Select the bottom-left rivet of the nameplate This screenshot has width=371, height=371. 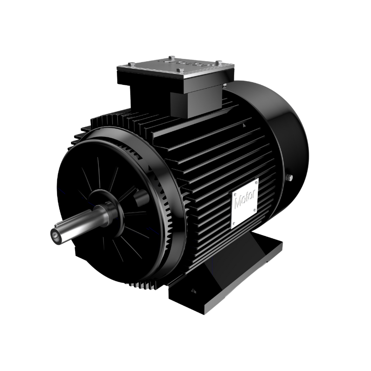(x=234, y=223)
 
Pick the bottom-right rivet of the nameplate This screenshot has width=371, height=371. (x=255, y=210)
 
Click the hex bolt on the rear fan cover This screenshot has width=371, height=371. (x=289, y=178)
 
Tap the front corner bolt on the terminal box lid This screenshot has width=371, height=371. (x=180, y=70)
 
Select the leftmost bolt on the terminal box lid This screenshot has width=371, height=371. (x=132, y=64)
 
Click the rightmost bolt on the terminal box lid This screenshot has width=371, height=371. (x=219, y=62)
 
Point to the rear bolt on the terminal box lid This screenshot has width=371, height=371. (x=172, y=58)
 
